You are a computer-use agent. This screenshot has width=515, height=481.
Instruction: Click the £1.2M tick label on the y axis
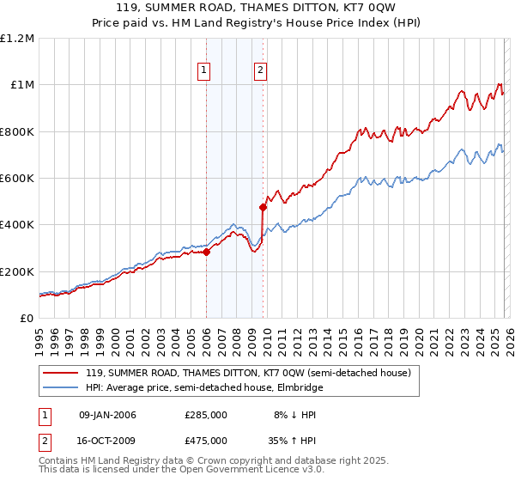(17, 38)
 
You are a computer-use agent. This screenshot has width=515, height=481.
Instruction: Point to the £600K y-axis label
(17, 179)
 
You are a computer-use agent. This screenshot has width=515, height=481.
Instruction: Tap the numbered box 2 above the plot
(260, 71)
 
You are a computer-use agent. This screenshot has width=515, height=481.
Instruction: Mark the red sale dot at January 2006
(206, 252)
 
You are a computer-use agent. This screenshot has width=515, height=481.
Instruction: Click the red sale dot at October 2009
(264, 207)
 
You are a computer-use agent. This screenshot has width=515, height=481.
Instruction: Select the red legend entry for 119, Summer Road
(249, 373)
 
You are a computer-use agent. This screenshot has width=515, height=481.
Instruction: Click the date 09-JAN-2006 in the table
(107, 415)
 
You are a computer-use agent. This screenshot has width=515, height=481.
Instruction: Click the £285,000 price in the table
(205, 415)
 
